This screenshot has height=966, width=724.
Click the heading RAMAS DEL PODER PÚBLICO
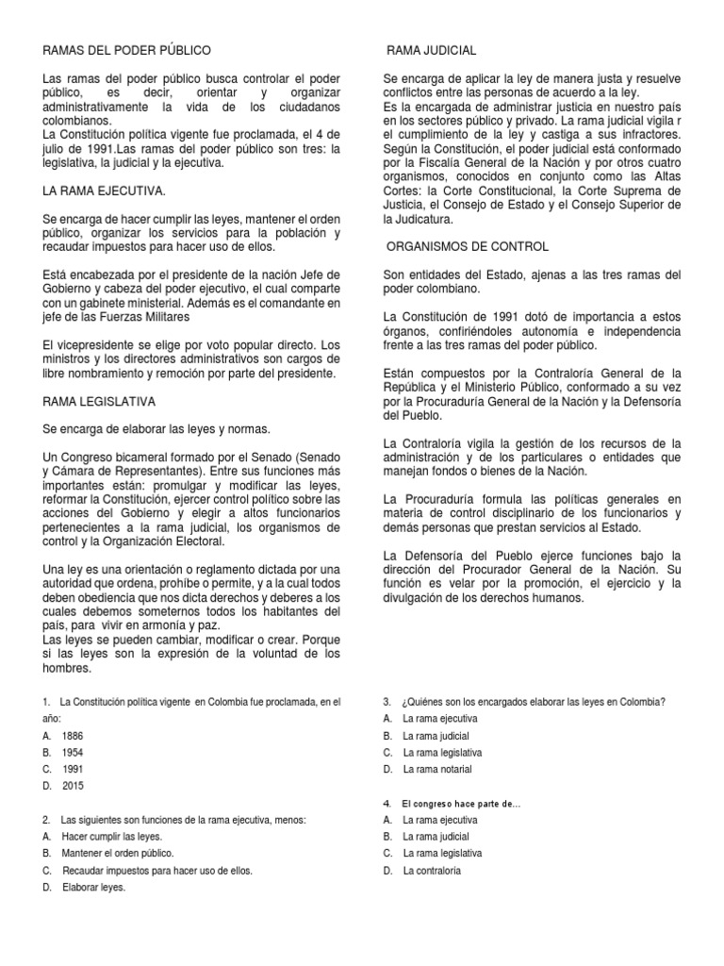point(127,49)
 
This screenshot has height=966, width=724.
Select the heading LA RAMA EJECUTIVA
point(105,192)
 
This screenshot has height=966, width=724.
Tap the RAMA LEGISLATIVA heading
point(100,401)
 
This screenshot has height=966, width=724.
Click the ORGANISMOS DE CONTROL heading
point(469,246)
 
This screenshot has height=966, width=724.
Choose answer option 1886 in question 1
point(73,735)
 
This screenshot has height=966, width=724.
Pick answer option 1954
point(73,752)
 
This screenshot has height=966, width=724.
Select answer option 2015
point(74,785)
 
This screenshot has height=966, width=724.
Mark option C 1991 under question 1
point(73,769)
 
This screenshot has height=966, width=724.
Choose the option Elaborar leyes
point(94,887)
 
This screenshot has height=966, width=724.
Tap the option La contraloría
point(432,871)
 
